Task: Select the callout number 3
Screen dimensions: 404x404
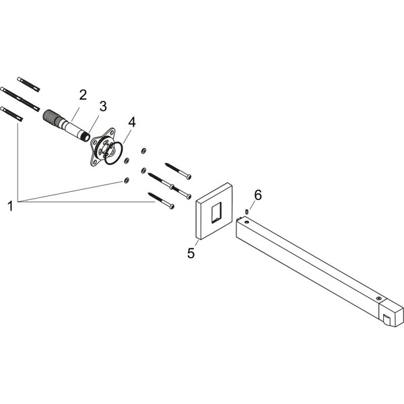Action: point(103,106)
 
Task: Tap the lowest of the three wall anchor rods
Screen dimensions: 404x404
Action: point(13,114)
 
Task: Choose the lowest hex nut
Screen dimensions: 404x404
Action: point(126,180)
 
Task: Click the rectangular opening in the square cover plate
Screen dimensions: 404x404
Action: point(214,215)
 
